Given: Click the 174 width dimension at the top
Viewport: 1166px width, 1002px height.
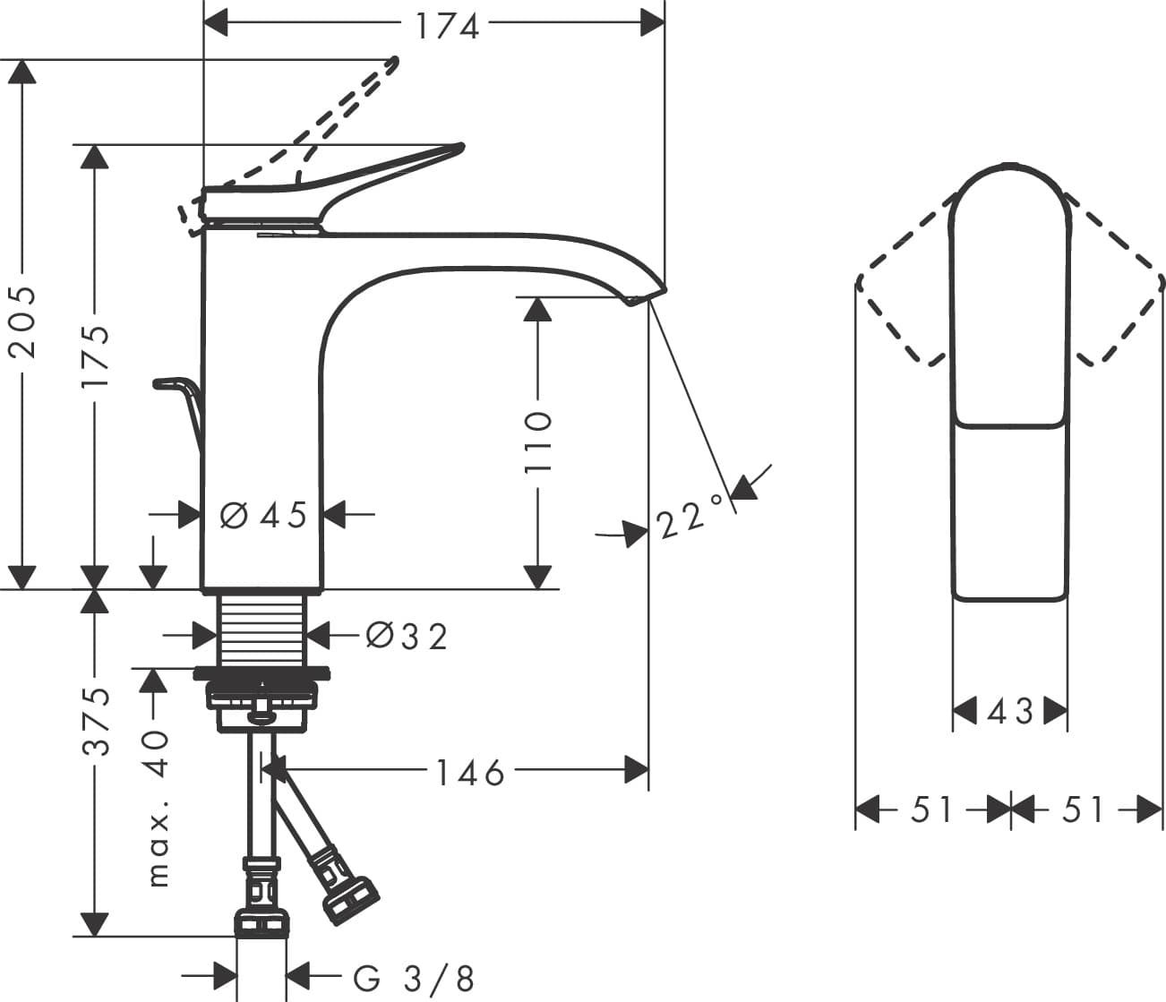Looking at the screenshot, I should [x=447, y=26].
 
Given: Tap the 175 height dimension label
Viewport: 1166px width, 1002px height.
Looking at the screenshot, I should [x=95, y=355].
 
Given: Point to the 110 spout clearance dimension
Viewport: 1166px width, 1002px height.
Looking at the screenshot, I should [x=538, y=441].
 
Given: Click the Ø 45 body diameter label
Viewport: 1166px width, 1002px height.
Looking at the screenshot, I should [x=262, y=515].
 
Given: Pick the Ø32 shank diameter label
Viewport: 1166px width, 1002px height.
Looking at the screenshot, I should [x=407, y=636].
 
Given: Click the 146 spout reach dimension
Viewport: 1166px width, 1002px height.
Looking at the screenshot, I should [x=470, y=772].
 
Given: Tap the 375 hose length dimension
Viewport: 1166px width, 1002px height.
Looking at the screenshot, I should [x=96, y=721].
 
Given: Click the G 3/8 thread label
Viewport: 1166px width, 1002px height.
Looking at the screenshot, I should [x=414, y=978].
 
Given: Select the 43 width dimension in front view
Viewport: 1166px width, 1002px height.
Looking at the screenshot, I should [x=1010, y=712].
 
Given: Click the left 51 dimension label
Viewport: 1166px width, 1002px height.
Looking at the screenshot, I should [x=932, y=810].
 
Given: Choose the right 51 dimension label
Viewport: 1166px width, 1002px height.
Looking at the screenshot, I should [x=1084, y=810].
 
